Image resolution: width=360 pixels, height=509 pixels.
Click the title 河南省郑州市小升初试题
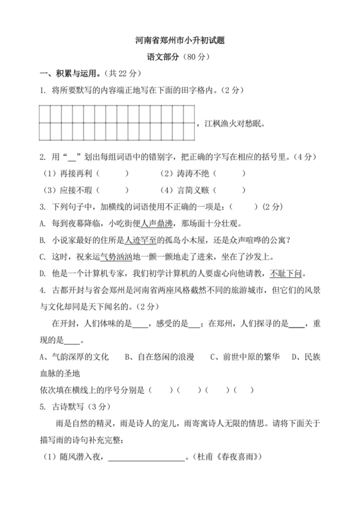180,40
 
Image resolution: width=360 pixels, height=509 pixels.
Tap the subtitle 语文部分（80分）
180,57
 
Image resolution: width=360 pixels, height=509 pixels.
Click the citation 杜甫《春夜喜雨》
231,457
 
